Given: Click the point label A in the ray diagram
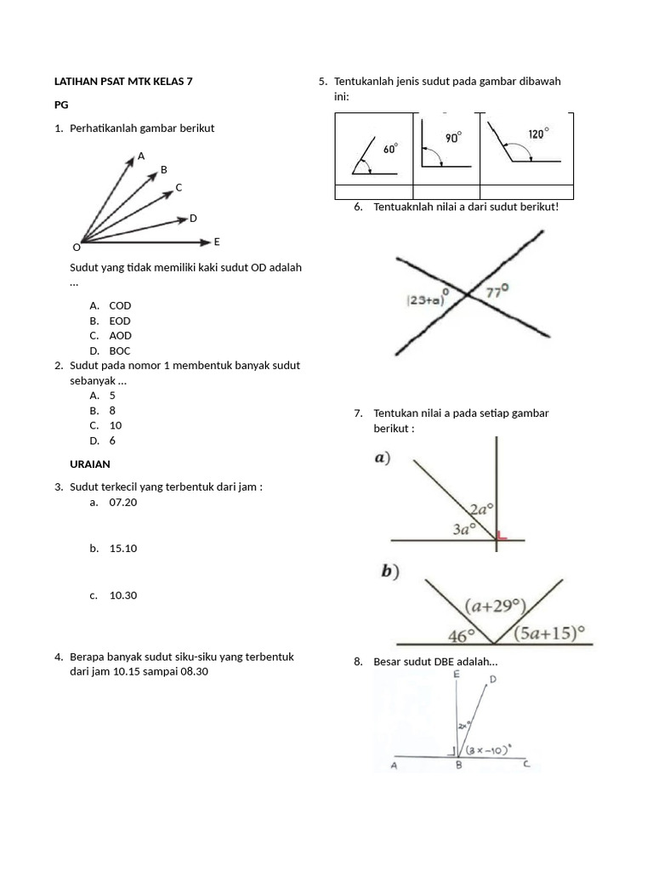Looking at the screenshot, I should [141, 157].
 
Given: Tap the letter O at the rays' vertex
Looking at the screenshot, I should [77, 248].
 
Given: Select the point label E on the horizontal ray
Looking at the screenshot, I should [217, 242].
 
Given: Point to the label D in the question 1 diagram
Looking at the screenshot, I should [193, 219].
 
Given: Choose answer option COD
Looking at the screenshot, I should [120, 305].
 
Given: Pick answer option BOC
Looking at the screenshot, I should [120, 350].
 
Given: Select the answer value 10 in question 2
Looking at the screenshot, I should [116, 425].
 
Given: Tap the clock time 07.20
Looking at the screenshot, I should [123, 503].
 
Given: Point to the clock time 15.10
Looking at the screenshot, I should [123, 549].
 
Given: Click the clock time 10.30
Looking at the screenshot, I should [123, 595].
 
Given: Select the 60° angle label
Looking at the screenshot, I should [389, 149].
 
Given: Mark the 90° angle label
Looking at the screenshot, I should [454, 137].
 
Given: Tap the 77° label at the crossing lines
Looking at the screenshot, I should [497, 291].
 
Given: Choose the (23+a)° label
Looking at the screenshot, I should [428, 299].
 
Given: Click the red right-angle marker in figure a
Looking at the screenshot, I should [501, 535].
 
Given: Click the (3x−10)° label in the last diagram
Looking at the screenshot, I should [488, 749].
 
